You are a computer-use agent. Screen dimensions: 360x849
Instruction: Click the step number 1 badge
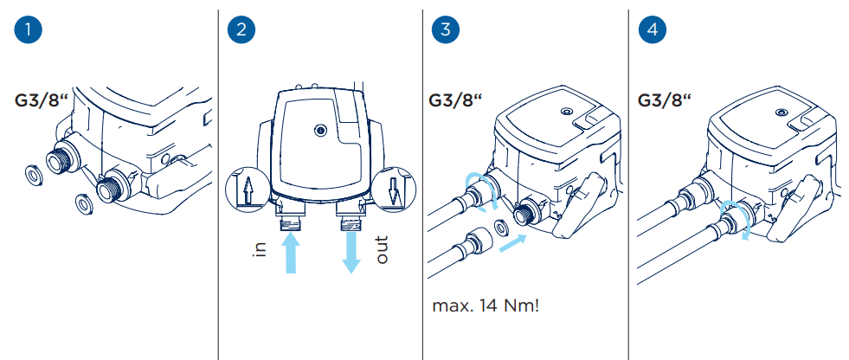30,30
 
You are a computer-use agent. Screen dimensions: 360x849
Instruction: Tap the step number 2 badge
239,30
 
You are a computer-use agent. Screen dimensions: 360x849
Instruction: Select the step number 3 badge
445,30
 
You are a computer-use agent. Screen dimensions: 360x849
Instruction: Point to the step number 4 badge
651,30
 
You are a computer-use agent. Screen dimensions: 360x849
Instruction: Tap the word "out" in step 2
382,248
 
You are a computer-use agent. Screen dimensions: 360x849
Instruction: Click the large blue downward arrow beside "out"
351,250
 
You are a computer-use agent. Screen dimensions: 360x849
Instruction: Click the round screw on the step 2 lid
320,130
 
